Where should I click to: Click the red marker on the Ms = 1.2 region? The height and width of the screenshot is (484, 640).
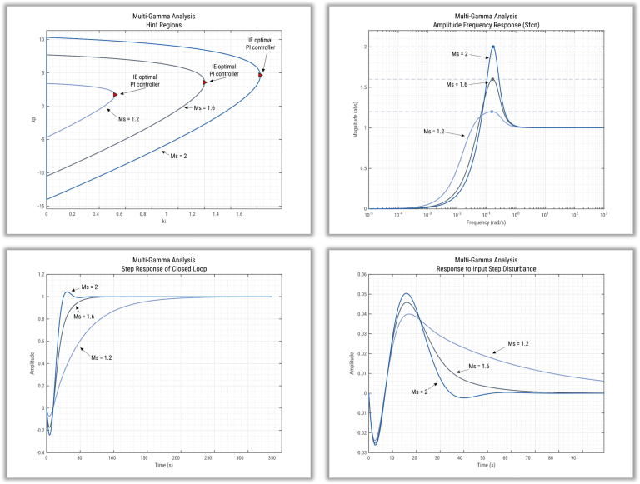coord(115,95)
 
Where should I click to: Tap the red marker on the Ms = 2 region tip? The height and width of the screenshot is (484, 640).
coord(261,75)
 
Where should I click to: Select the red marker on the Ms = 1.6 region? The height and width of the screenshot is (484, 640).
coord(204,82)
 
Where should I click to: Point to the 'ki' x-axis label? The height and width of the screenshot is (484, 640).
coord(163,222)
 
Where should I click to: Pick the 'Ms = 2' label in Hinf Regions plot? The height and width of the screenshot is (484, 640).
coord(178,155)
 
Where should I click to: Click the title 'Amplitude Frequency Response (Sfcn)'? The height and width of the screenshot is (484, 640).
coord(486,26)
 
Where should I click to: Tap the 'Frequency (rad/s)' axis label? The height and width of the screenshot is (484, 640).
coord(486,223)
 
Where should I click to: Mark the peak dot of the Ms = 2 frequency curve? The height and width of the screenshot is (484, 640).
coord(493,47)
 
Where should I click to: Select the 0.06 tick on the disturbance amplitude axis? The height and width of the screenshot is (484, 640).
coord(361,273)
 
